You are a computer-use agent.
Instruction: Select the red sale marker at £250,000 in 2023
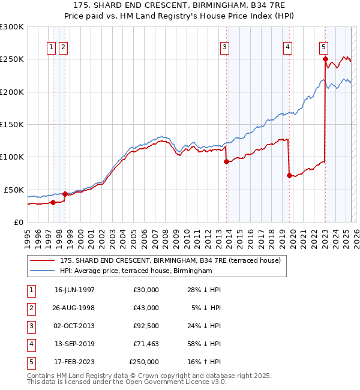[325, 59]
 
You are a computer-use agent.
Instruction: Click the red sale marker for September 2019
[289, 175]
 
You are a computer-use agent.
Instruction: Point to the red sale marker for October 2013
[226, 161]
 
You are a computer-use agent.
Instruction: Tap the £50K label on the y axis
[14, 190]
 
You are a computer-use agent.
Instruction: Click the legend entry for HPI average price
[136, 271]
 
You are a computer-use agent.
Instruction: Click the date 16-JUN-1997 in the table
[74, 290]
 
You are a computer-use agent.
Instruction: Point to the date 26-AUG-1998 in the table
[74, 308]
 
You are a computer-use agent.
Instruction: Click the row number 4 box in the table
[29, 344]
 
